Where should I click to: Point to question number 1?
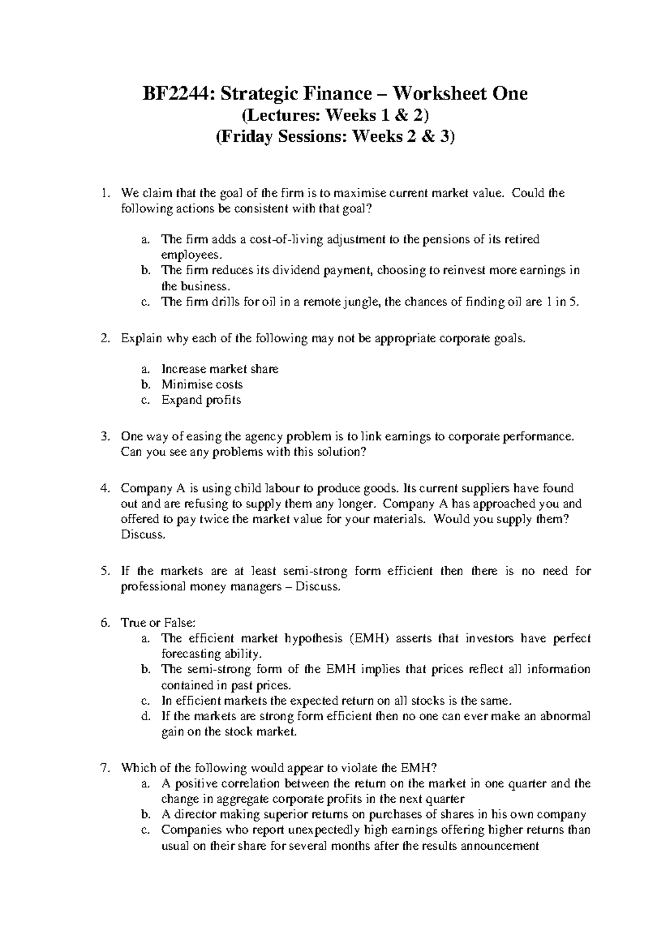[x=103, y=194]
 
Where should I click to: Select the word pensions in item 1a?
[x=444, y=240]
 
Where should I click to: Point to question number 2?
[x=103, y=339]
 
